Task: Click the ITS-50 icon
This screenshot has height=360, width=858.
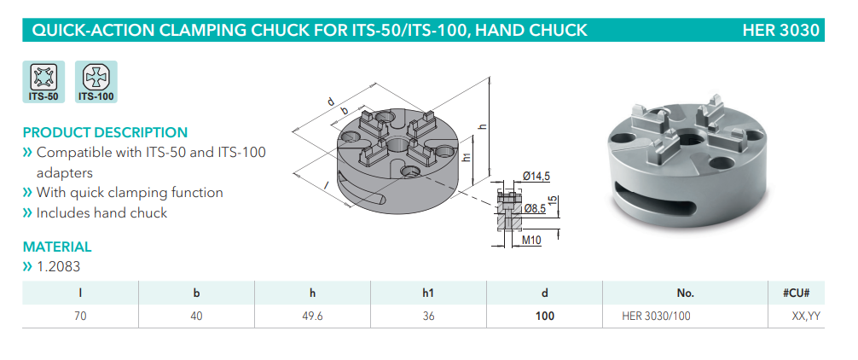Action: tap(43, 82)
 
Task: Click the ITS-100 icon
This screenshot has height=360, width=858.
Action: tap(96, 82)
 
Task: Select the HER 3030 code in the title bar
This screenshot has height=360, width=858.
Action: tap(780, 31)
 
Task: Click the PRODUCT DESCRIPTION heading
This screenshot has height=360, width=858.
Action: tap(105, 133)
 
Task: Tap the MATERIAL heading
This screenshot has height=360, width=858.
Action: tap(57, 247)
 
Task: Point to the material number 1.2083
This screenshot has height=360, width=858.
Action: tap(59, 266)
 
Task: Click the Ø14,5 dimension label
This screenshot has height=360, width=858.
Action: tap(536, 177)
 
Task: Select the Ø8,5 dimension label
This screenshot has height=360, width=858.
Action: tap(535, 208)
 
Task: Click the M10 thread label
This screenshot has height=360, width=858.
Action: tap(533, 241)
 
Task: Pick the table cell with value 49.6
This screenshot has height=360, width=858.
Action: tap(312, 316)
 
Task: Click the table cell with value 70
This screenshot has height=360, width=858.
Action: tap(79, 316)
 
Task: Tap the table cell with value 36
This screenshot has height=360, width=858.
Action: tap(428, 316)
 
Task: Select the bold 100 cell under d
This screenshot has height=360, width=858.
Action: tap(545, 316)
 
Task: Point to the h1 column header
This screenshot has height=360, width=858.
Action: tap(428, 293)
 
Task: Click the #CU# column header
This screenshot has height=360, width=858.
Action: tap(801, 293)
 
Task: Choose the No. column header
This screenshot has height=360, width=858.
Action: tap(685, 293)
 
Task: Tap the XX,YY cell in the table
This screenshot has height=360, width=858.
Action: tap(804, 316)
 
